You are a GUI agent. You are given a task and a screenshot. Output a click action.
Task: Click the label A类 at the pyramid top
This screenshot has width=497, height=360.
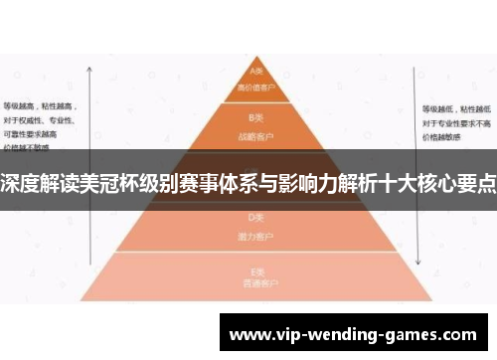(255, 72)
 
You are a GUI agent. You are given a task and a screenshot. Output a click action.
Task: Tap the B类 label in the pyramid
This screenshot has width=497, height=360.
(255, 116)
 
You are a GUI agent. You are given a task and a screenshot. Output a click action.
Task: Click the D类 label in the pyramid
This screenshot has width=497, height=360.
(255, 216)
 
